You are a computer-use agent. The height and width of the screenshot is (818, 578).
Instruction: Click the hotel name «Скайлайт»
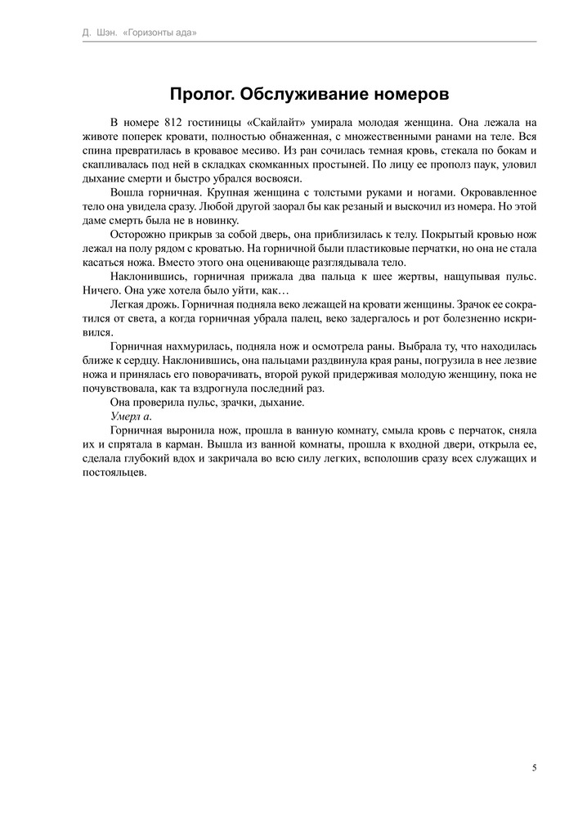click(x=280, y=121)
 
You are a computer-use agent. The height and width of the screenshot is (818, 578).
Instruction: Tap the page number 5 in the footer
click(x=534, y=767)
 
